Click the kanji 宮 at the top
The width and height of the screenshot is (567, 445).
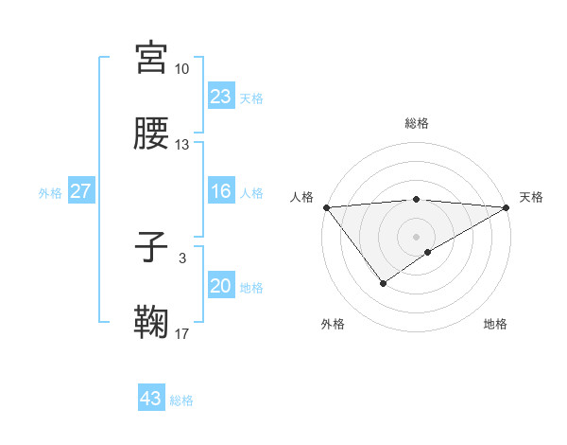tap(152, 58)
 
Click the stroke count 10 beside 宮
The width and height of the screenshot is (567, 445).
tap(182, 69)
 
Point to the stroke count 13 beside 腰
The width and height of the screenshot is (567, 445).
tap(182, 145)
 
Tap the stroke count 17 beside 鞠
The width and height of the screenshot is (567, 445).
tap(182, 333)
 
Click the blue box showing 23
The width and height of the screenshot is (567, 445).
tap(220, 97)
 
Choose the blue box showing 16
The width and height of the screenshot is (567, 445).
tap(220, 191)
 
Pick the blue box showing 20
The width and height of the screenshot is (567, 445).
tap(220, 287)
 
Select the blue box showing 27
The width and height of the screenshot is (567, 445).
tap(81, 191)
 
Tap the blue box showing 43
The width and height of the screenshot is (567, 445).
tap(151, 399)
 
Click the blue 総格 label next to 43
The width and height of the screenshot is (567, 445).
tap(181, 400)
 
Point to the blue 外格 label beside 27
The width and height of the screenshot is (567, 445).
tap(50, 192)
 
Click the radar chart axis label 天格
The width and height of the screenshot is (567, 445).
tap(531, 197)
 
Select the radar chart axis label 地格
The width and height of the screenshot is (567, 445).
tap(495, 324)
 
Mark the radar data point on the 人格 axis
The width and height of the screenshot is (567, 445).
tap(326, 207)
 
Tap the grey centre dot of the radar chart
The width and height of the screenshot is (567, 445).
tap(417, 236)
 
